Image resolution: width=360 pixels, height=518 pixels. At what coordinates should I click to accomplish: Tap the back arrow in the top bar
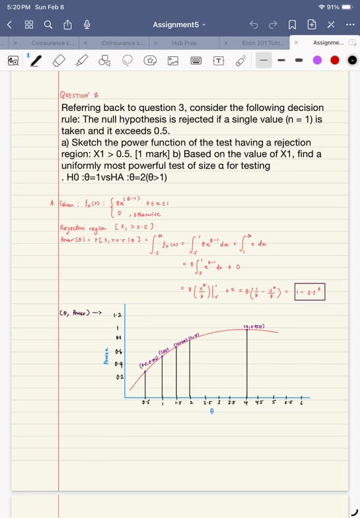10,24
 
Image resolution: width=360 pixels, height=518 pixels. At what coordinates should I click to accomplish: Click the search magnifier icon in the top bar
48,24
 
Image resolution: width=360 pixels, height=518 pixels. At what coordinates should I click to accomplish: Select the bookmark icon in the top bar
291,24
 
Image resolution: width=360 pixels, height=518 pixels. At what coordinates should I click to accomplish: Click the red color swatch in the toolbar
335,60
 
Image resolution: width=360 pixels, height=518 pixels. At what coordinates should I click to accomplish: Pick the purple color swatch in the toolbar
317,60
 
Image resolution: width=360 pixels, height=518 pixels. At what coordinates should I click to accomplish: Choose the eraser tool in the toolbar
58,60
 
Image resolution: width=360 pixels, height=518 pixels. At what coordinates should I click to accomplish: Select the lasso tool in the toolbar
127,60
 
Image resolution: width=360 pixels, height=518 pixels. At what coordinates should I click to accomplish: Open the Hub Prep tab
184,43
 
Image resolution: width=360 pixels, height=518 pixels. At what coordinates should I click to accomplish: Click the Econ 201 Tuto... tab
264,43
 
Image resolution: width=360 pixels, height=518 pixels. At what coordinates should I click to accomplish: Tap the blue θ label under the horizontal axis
211,410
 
